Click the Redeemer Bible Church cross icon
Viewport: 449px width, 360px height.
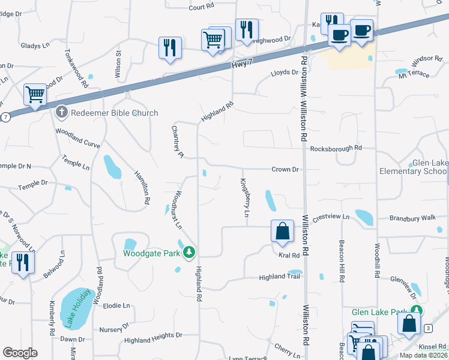(x=61, y=112)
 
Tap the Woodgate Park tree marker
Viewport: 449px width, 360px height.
(x=190, y=253)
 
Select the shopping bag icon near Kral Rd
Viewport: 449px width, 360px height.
(x=282, y=232)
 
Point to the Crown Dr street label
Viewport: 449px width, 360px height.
(x=285, y=170)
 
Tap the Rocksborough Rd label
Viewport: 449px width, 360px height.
(x=336, y=148)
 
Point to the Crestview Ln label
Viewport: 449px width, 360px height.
(x=330, y=217)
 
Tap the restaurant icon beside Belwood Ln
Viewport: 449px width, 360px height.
(x=23, y=263)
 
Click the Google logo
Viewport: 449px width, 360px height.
(x=20, y=353)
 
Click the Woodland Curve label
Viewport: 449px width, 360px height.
(x=78, y=137)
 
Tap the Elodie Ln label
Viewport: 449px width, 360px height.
(x=116, y=305)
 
